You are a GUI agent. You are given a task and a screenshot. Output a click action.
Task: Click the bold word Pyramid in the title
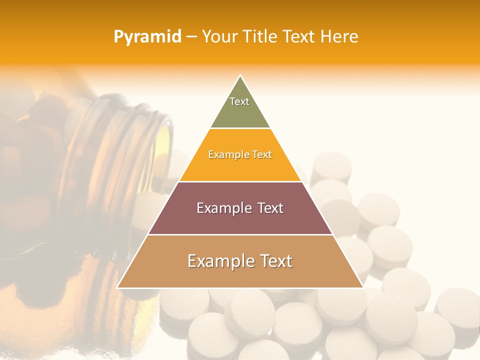point(147,37)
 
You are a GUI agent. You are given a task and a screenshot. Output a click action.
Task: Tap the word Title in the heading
point(261,37)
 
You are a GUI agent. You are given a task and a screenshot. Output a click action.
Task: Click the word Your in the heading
point(220,37)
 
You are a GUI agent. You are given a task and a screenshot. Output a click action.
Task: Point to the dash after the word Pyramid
point(191,37)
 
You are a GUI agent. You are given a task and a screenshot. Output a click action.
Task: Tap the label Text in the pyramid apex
point(239,101)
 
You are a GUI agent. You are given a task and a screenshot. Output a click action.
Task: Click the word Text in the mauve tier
point(267,208)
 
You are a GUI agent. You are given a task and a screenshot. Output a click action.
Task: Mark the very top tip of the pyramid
point(240,76)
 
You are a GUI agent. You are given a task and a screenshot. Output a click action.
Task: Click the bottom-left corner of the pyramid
point(118,287)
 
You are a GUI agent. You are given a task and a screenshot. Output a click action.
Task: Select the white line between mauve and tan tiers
point(240,234)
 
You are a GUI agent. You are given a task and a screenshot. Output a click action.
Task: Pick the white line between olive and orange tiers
point(240,128)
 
